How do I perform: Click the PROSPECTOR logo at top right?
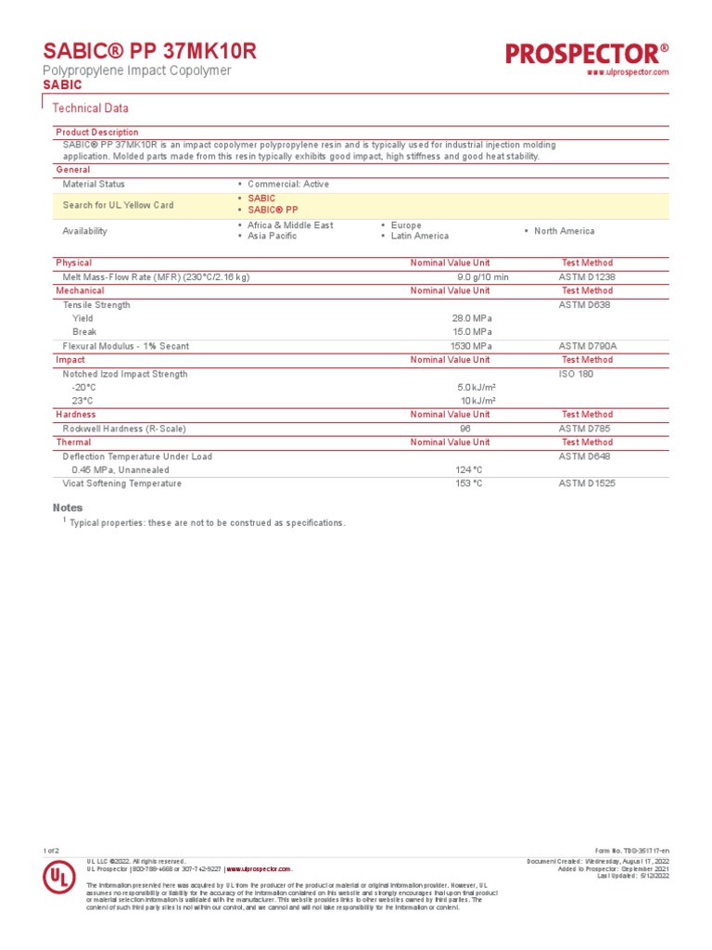point(587,53)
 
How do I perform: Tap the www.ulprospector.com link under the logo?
point(629,72)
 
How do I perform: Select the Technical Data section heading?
point(90,109)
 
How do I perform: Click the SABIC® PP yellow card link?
point(273,210)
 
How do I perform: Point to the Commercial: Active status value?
point(287,185)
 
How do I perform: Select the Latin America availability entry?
point(419,237)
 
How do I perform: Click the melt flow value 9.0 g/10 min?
point(482,277)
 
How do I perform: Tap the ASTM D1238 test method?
point(586,277)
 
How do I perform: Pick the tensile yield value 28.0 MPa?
point(472,318)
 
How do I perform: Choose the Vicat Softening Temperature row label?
point(121,483)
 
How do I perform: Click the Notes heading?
point(68,507)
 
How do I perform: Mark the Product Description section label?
point(97,133)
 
